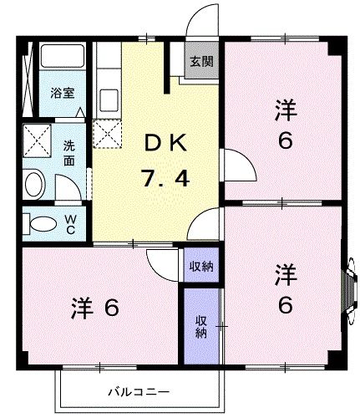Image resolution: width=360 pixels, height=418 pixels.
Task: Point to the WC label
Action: (70, 224)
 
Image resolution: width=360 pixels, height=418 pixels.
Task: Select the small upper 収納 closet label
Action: (200, 267)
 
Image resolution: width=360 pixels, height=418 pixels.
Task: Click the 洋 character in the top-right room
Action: (286, 109)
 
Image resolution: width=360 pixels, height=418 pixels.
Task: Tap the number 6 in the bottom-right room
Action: (286, 306)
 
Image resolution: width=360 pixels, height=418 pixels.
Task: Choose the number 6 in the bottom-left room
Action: (111, 308)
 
